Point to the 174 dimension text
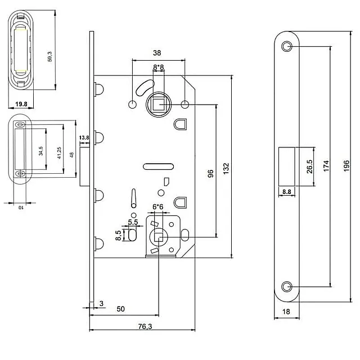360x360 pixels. [x=326, y=165]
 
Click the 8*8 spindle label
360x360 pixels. [x=159, y=67]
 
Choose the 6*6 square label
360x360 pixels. [x=157, y=207]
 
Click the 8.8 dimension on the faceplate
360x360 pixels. [x=286, y=192]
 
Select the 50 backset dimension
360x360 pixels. [x=120, y=309]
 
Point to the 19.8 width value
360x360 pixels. [x=22, y=104]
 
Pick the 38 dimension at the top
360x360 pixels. [x=157, y=53]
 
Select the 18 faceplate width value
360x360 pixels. [x=287, y=310]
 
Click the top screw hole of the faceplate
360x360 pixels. [x=287, y=46]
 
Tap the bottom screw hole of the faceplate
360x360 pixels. [x=287, y=286]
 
